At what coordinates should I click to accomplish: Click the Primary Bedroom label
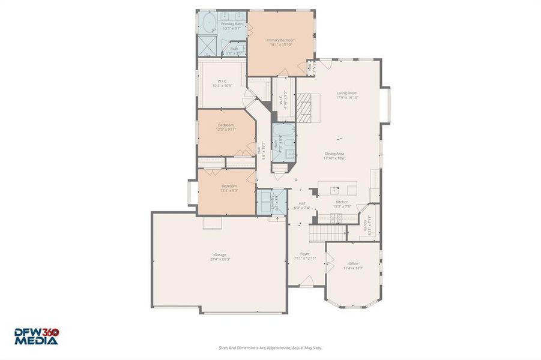[x=281, y=40]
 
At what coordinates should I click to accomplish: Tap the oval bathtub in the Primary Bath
[x=208, y=23]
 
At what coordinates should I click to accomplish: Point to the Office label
[x=353, y=263]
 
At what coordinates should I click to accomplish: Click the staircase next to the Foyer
[x=328, y=232]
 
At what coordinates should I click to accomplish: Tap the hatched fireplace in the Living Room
[x=306, y=107]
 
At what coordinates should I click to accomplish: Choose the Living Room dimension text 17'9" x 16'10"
[x=347, y=97]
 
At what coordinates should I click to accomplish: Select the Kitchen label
[x=342, y=202]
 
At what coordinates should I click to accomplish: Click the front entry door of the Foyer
[x=306, y=281]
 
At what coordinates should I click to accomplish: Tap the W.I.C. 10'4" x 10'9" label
[x=222, y=82]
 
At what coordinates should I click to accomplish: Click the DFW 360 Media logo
[x=37, y=336]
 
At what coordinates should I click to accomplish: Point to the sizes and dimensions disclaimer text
[x=270, y=347]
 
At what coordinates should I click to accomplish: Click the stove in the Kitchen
[x=338, y=217]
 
